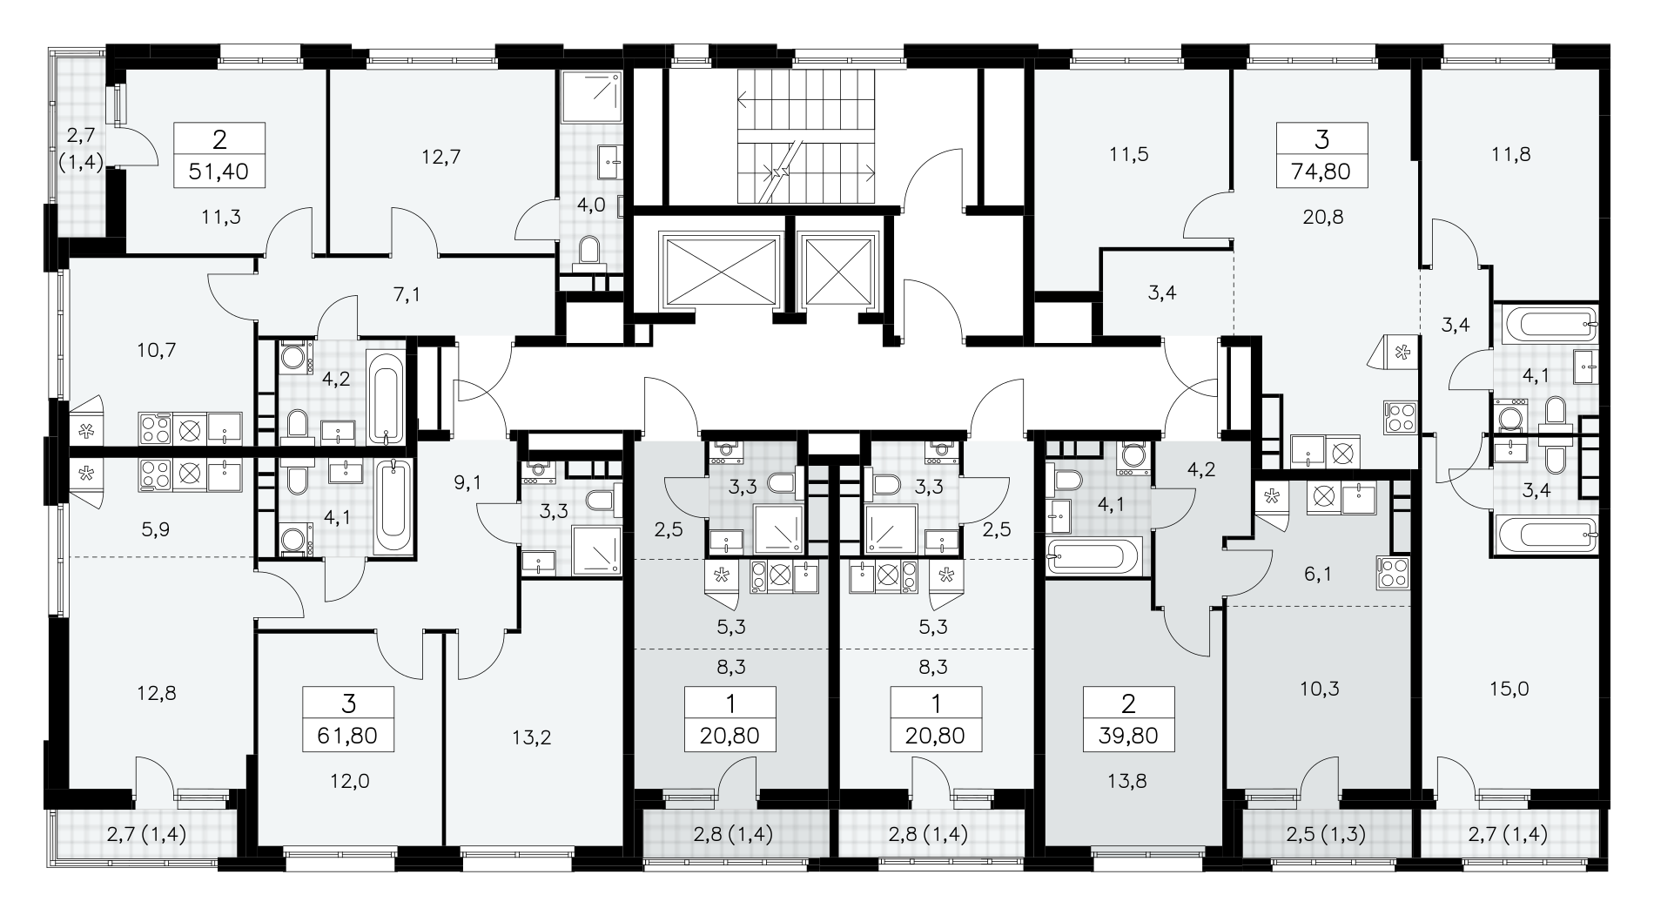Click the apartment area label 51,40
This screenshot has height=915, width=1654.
point(219,172)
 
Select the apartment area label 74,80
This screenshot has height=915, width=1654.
point(1321,172)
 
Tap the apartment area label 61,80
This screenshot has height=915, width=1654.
point(348,736)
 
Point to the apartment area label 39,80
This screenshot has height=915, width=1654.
point(1129,736)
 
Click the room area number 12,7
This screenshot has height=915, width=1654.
point(440,157)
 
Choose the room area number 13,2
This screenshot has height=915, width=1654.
point(532,738)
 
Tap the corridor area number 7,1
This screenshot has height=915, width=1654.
point(407,294)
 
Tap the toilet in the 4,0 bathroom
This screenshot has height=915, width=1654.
point(591,250)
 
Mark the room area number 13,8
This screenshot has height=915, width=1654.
point(1129,781)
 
